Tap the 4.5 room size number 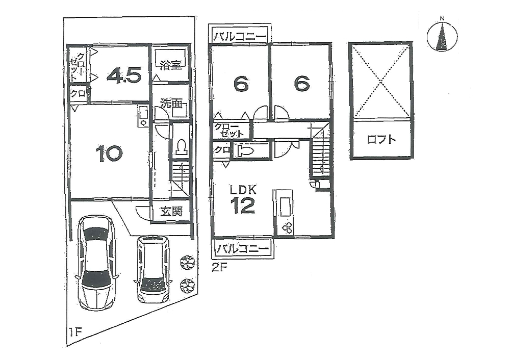(124, 75)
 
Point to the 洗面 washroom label (171, 104)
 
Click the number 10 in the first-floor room (109, 153)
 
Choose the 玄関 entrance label (171, 212)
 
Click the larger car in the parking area (96, 263)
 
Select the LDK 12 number (243, 205)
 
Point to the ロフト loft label (381, 140)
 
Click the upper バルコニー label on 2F (240, 36)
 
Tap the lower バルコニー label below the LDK (243, 249)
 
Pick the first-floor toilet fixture (181, 147)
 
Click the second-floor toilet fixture (246, 151)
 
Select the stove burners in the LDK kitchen (288, 228)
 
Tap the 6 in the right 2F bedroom (302, 84)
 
